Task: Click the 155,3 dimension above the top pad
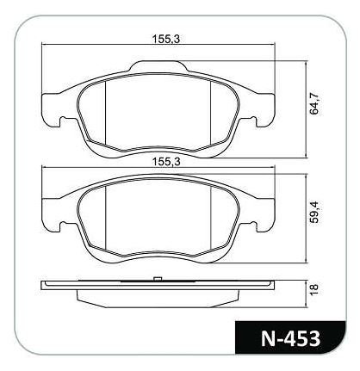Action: [x=165, y=39]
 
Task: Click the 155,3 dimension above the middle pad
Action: [x=165, y=162]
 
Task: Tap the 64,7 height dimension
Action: [x=314, y=103]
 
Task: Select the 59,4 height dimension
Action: [x=314, y=212]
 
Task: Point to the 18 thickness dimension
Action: [x=314, y=288]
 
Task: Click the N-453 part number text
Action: [x=290, y=338]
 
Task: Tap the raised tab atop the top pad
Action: [x=158, y=66]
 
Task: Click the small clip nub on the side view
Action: [x=158, y=279]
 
